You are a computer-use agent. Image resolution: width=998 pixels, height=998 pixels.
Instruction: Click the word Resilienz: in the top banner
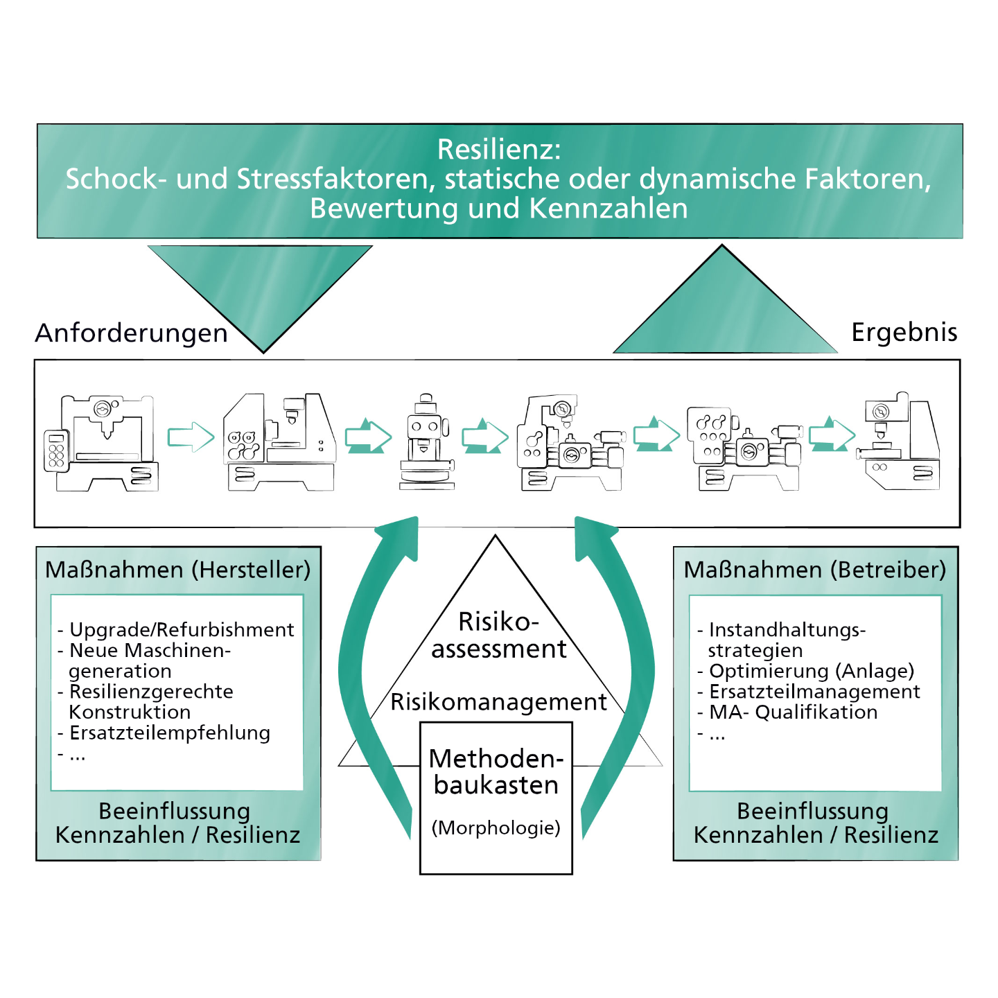click(x=499, y=150)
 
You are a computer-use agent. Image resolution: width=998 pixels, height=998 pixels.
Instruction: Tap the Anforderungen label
click(x=132, y=333)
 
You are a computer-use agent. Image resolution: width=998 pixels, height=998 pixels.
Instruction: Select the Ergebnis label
click(x=904, y=332)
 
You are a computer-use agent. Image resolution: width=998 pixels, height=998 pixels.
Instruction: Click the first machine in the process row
click(x=101, y=443)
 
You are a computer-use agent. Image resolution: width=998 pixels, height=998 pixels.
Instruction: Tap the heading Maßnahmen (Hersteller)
click(x=178, y=570)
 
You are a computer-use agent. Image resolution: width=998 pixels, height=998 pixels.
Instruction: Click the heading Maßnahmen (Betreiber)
click(x=815, y=570)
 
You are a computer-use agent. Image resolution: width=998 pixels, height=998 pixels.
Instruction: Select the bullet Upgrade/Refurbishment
click(x=182, y=629)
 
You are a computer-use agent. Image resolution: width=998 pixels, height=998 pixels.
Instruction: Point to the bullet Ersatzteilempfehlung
click(x=170, y=733)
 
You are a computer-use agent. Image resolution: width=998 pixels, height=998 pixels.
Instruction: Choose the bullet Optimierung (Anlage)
click(x=812, y=671)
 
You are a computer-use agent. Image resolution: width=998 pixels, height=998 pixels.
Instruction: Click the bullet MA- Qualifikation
click(x=793, y=712)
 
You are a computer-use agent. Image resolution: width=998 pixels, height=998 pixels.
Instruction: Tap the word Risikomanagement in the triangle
click(x=498, y=702)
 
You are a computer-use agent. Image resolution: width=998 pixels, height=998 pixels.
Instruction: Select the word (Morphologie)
click(x=496, y=828)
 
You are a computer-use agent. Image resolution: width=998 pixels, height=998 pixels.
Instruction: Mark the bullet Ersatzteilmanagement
click(x=814, y=692)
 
